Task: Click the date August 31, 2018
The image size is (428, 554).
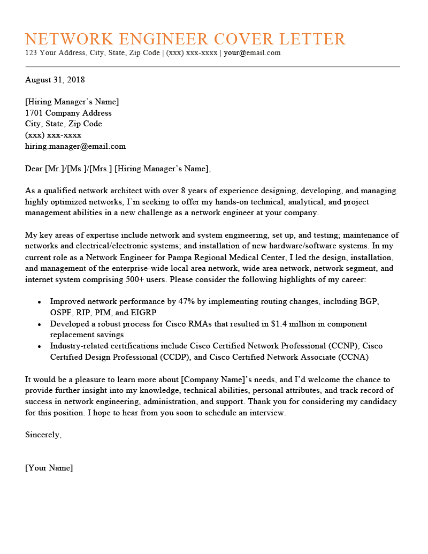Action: tap(55, 80)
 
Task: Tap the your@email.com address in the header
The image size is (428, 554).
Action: tap(252, 52)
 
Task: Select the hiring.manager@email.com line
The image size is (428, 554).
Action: tap(75, 146)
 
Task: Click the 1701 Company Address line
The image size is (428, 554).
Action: tap(68, 113)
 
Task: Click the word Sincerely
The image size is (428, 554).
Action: tap(43, 435)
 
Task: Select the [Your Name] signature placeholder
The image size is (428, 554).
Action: tap(49, 468)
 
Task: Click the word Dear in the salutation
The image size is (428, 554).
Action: tap(34, 169)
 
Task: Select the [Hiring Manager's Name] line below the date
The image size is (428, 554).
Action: tap(72, 102)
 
